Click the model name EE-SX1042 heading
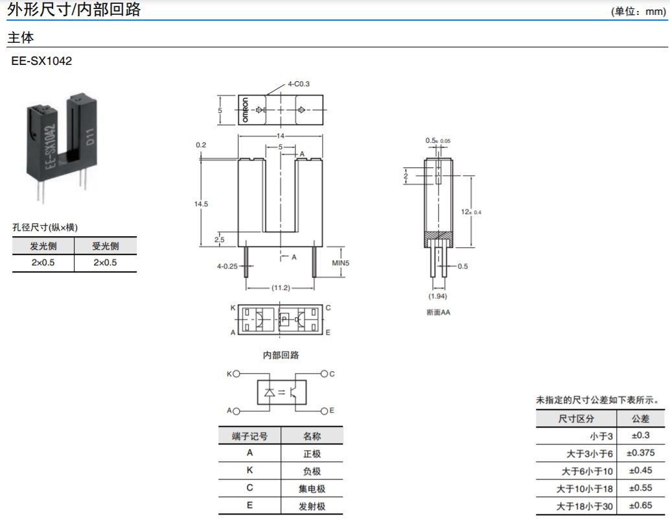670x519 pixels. pyautogui.click(x=41, y=61)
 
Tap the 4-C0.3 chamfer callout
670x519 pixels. pyautogui.click(x=298, y=84)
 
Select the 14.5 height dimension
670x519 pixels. pyautogui.click(x=201, y=204)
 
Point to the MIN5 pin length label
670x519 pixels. pyautogui.click(x=341, y=263)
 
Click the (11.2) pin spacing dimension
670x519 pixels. pyautogui.click(x=281, y=287)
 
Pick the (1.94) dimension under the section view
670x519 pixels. pyautogui.click(x=437, y=296)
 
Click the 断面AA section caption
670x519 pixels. pyautogui.click(x=439, y=312)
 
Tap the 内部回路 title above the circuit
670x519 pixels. pyautogui.click(x=281, y=355)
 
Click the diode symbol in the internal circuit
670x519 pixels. pyautogui.click(x=270, y=392)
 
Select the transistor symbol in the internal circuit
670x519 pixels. pyautogui.click(x=295, y=392)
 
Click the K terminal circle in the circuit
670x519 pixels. pyautogui.click(x=237, y=374)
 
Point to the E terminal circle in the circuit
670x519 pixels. pyautogui.click(x=325, y=411)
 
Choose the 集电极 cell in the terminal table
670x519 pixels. pyautogui.click(x=312, y=489)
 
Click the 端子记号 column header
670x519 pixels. pyautogui.click(x=249, y=436)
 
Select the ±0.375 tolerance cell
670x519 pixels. pyautogui.click(x=640, y=453)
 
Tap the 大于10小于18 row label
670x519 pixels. pyautogui.click(x=584, y=489)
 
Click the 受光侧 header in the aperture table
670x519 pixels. pyautogui.click(x=105, y=246)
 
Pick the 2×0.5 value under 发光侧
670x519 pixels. pyautogui.click(x=43, y=263)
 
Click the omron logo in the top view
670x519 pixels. pyautogui.click(x=245, y=110)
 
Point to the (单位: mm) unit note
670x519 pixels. pyautogui.click(x=638, y=11)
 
